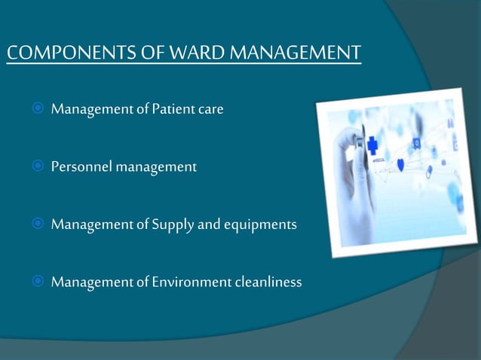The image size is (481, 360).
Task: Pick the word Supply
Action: (173, 224)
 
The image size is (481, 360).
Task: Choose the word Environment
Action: (191, 282)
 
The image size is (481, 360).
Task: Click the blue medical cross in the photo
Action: (373, 145)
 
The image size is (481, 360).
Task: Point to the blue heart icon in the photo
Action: (400, 164)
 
